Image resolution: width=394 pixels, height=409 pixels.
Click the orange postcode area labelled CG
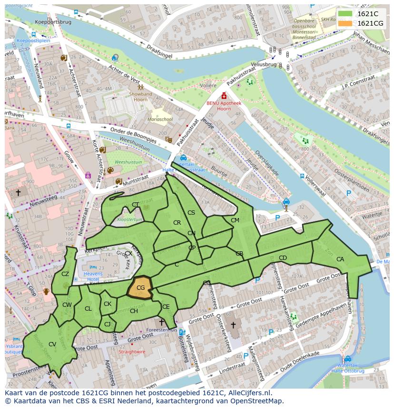point(140,287)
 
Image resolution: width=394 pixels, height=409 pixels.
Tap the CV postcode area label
point(52,344)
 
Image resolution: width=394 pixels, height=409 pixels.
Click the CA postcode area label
point(340,259)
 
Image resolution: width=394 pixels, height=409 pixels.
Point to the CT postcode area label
point(136,205)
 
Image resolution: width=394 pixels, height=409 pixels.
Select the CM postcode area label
point(235,220)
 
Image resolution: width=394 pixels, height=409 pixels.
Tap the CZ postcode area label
point(65,274)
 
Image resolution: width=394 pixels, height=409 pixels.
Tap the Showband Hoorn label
point(141,97)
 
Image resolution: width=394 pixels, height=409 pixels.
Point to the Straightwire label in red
point(132,352)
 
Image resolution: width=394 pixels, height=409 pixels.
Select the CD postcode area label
point(283,258)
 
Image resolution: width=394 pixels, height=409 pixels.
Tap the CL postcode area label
point(88,309)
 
